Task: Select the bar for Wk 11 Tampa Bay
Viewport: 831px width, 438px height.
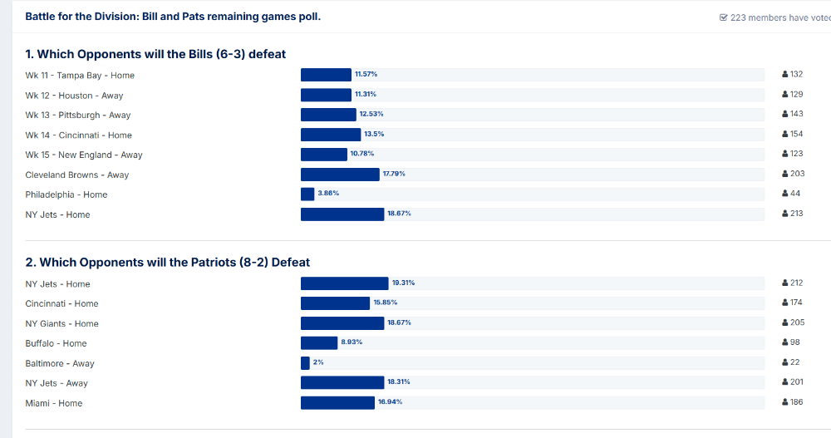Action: (x=326, y=75)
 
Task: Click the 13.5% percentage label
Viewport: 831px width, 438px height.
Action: (x=374, y=134)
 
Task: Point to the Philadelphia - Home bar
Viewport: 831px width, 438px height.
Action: (x=307, y=194)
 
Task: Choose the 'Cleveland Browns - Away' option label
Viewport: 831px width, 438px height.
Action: (x=77, y=175)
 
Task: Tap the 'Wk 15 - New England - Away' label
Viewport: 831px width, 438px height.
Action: (x=84, y=155)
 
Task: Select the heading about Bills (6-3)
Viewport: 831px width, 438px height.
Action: (x=155, y=54)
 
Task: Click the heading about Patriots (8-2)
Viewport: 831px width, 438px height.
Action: (x=167, y=263)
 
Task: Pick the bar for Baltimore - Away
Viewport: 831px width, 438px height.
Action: (x=305, y=363)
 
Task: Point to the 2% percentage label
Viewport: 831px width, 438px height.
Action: (x=318, y=362)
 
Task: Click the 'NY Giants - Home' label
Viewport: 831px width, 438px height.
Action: (x=62, y=324)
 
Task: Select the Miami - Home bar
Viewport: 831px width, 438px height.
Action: (x=337, y=403)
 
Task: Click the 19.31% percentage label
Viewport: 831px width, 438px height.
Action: (x=403, y=283)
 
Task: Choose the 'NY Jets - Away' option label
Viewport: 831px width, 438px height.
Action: (x=57, y=384)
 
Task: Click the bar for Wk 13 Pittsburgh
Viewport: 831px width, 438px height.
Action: (x=328, y=115)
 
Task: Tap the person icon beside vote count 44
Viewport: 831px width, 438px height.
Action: (x=784, y=194)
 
